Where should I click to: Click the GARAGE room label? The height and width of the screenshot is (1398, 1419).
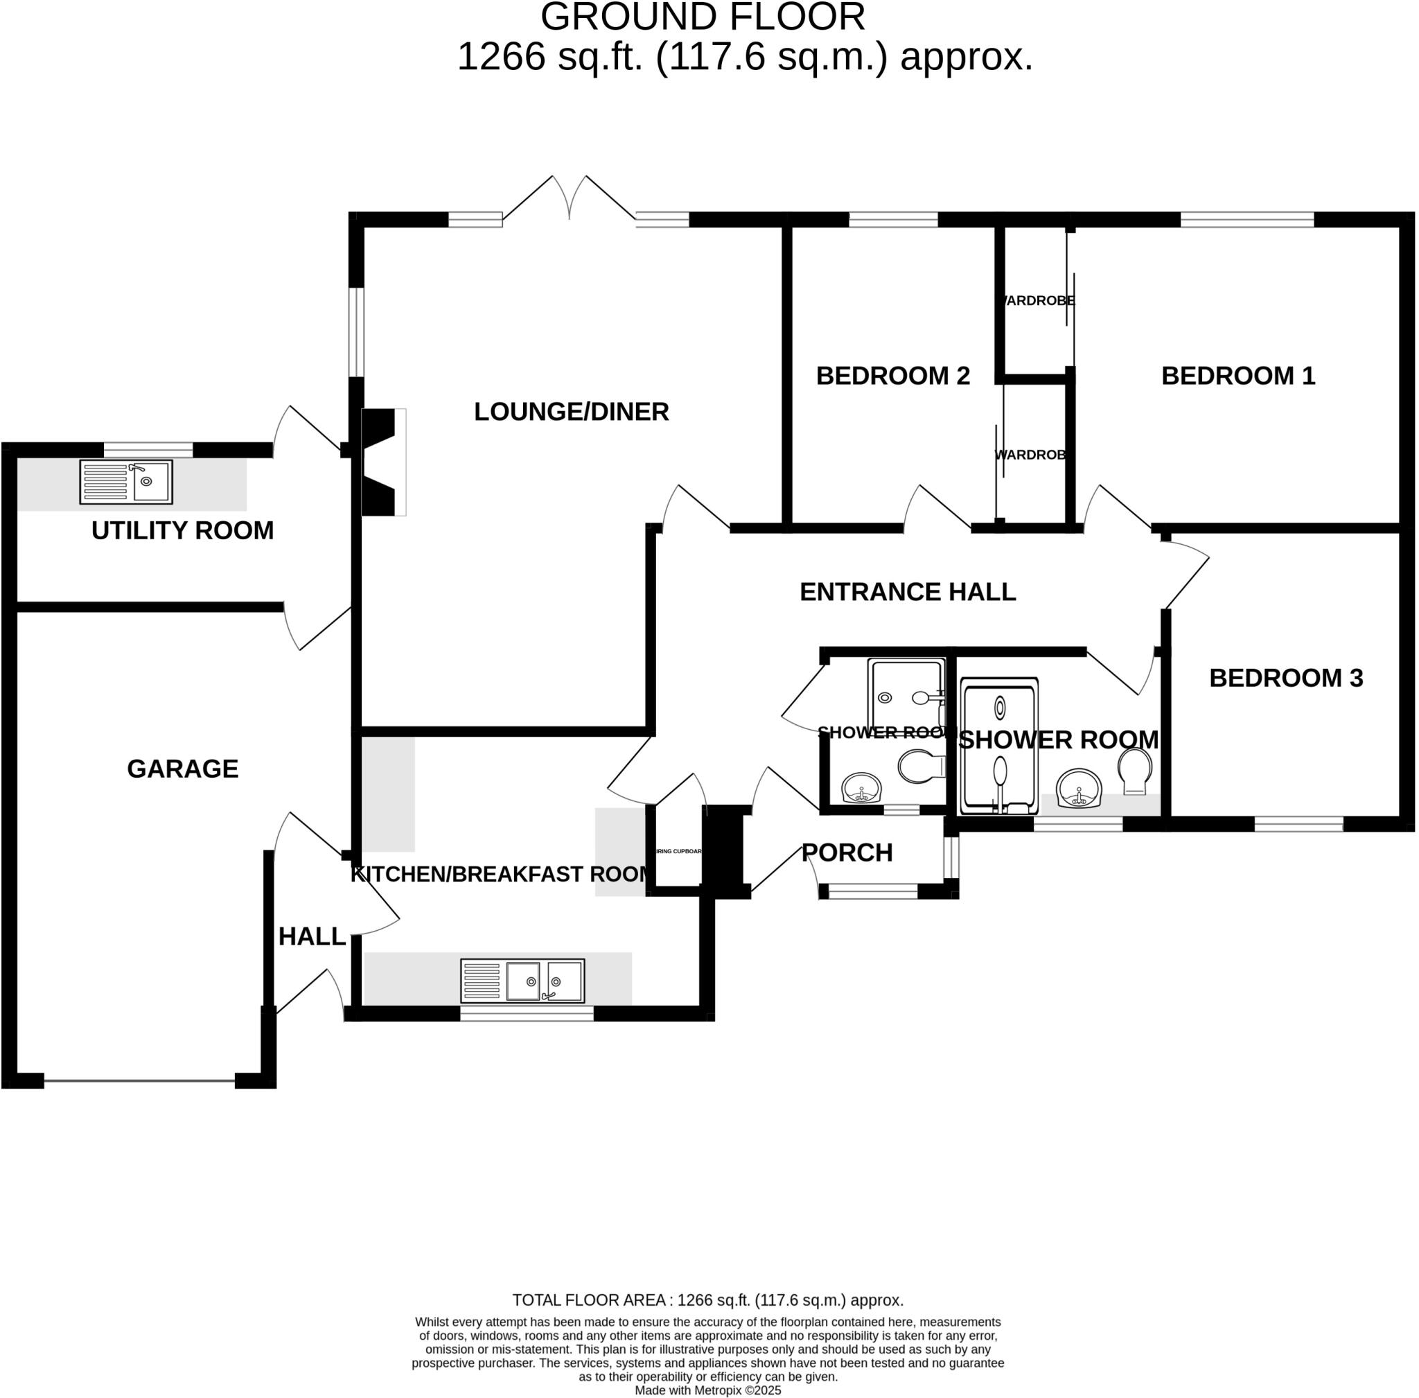click(182, 768)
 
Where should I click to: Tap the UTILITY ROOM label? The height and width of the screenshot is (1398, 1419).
click(182, 530)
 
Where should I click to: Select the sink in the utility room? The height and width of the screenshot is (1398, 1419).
click(126, 482)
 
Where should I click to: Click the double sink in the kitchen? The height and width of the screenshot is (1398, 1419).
click(522, 981)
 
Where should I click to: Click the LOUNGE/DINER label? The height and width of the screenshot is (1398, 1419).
click(571, 411)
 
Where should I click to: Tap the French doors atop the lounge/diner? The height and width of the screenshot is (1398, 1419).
click(569, 200)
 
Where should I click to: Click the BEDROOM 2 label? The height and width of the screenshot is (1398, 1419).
click(892, 375)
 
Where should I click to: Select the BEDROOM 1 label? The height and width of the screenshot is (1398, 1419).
click(1237, 375)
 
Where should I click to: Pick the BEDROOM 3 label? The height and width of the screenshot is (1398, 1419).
click(1285, 678)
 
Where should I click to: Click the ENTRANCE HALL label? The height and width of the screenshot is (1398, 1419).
click(908, 592)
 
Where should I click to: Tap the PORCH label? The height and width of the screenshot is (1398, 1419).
click(847, 853)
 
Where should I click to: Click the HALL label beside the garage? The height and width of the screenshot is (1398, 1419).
click(311, 936)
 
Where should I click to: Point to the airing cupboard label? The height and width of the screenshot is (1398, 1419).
click(678, 852)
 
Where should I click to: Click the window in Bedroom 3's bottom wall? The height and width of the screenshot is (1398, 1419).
click(1298, 825)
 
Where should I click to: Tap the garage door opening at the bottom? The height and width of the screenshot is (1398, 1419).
click(139, 1080)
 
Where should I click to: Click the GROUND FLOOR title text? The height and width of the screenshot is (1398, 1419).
click(703, 17)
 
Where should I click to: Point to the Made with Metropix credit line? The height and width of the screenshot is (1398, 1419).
click(707, 1390)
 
